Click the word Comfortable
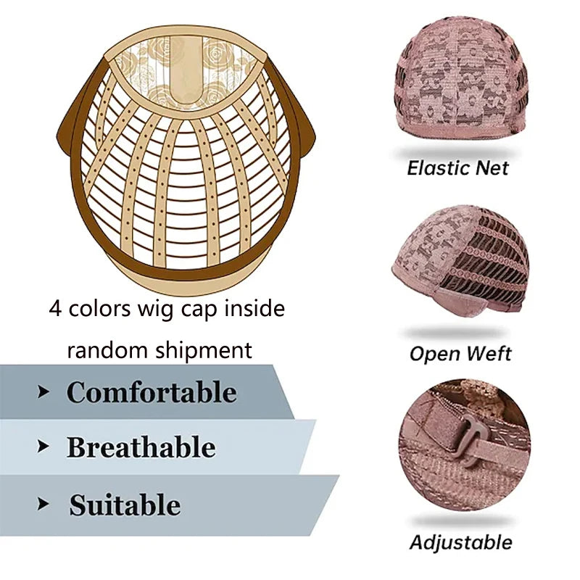pos(152,392)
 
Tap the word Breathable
pos(141,447)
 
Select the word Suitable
pos(125,505)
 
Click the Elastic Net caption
pos(457,168)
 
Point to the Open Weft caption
pos(460,354)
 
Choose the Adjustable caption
pos(461,543)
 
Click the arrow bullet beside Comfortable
pos(43,392)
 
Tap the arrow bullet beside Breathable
pos(43,447)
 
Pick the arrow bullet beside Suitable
pos(43,504)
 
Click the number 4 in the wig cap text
pos(55,309)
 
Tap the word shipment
pos(203,350)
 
